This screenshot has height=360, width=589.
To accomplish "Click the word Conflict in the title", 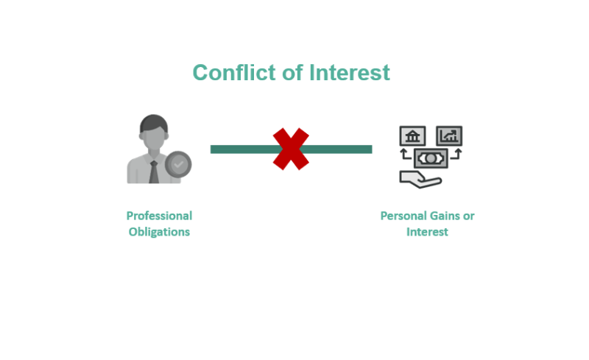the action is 234,72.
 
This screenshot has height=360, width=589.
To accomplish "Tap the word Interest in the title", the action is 350,72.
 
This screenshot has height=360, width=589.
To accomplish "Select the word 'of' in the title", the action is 292,72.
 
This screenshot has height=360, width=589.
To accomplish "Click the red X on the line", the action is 291,149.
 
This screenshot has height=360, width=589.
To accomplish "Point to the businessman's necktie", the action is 154,172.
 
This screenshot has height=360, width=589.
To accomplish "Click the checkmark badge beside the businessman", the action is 178,165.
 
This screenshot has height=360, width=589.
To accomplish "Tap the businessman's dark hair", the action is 154,122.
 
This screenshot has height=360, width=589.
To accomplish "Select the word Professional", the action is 159,216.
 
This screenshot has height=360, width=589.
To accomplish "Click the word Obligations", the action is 159,232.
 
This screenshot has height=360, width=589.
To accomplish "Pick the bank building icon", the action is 412,135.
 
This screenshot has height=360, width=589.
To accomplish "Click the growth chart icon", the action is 449,135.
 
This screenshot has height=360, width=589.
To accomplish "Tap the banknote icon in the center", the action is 431,158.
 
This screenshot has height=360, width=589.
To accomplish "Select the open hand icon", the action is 420,179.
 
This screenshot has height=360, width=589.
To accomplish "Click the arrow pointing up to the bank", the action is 406,154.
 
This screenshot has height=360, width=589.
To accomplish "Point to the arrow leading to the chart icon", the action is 456,154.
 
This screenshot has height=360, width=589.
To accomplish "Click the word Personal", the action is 403,216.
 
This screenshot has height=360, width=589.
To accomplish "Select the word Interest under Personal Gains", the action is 427,232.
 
